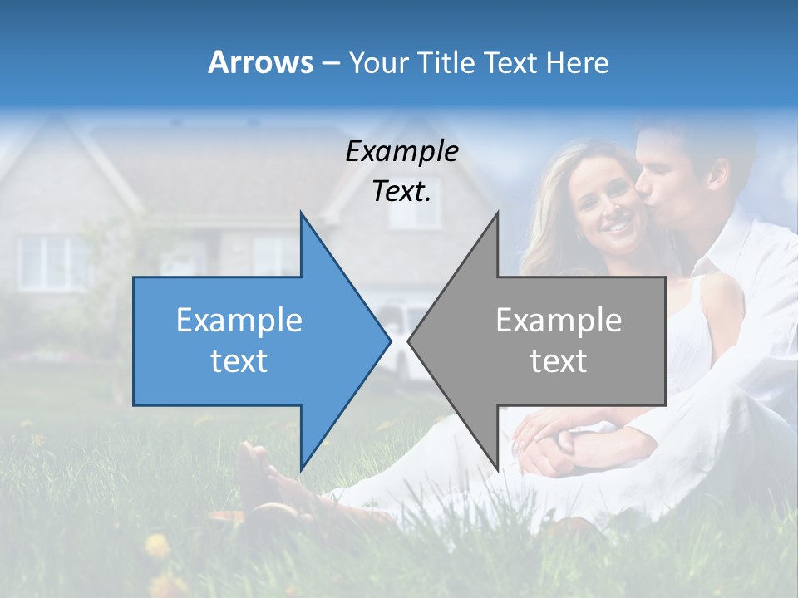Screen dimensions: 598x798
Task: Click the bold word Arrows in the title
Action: pos(261,62)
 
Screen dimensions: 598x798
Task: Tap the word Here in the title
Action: pos(578,62)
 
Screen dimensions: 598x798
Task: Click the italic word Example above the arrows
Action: pos(401,151)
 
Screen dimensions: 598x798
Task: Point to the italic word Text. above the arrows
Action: pos(401,192)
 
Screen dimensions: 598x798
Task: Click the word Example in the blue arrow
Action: pos(239,321)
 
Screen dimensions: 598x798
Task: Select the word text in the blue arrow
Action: pos(239,361)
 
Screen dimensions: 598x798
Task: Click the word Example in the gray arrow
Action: pos(559,321)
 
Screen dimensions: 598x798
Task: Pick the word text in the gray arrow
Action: pos(559,361)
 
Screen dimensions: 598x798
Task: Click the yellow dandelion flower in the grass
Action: pos(156,546)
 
